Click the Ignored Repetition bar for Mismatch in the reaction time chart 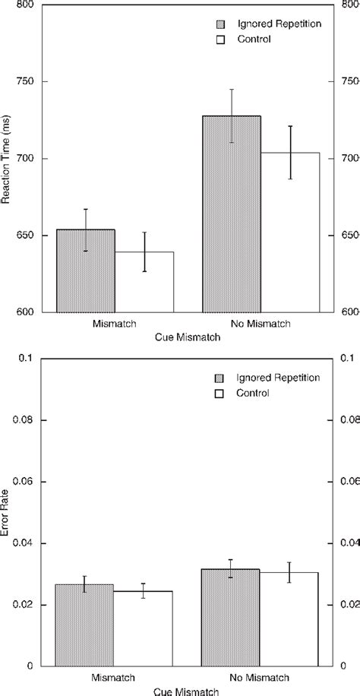click(x=86, y=271)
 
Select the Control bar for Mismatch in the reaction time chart click(x=145, y=282)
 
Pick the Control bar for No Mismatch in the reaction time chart click(x=290, y=233)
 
